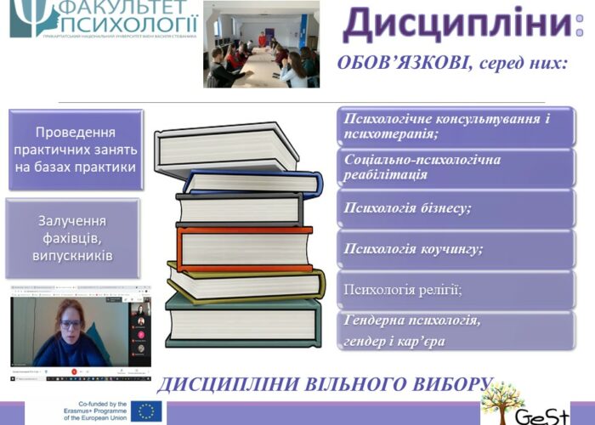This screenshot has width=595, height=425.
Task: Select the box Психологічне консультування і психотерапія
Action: [456, 126]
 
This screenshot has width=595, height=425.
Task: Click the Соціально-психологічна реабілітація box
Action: [456, 167]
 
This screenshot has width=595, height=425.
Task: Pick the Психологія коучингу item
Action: [456, 249]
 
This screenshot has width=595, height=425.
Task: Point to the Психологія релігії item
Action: [456, 290]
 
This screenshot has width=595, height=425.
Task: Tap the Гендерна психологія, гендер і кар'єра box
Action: [456, 331]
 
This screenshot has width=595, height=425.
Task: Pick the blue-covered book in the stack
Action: [251, 180]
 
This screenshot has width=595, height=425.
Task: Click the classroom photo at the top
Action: [261, 44]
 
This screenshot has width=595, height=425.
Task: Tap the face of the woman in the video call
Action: [70, 325]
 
